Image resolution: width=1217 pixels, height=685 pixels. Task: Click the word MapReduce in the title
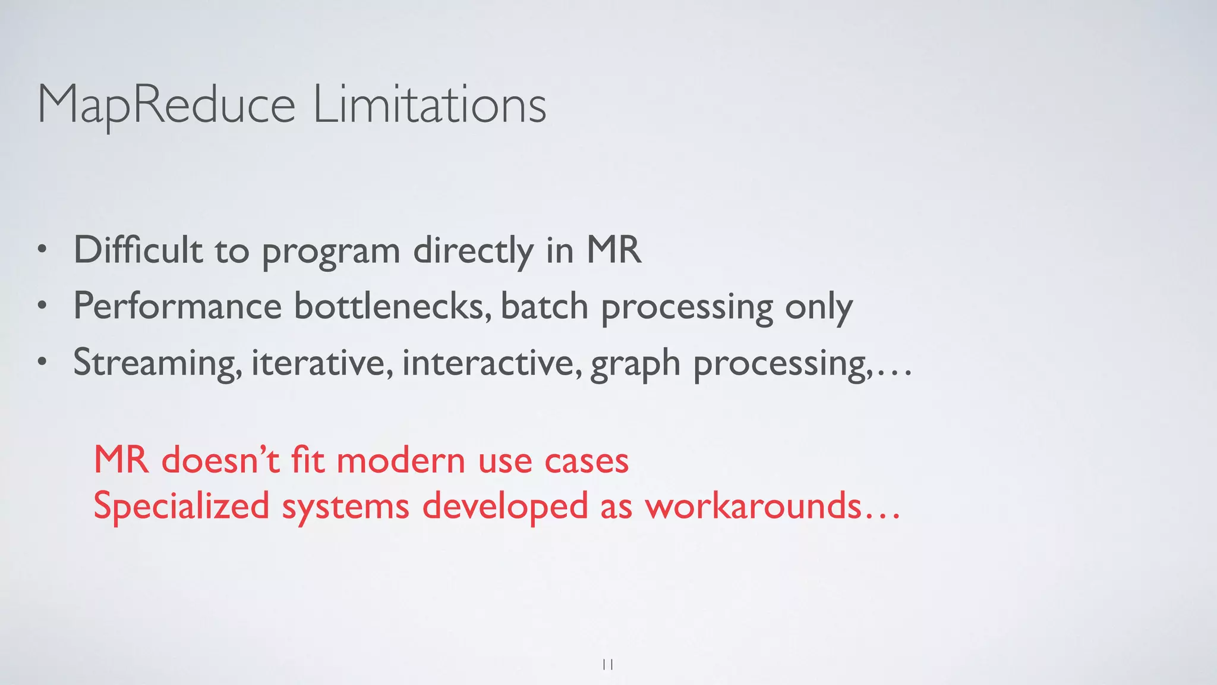166,105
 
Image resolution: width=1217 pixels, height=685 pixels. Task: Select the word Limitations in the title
429,105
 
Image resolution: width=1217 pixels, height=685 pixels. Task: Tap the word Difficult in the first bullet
138,250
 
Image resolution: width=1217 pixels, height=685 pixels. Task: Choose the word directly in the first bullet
473,251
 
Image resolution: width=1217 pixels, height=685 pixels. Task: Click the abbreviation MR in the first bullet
614,250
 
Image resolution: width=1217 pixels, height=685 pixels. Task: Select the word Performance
177,307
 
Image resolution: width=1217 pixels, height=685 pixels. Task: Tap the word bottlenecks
392,307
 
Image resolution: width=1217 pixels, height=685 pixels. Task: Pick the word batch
544,307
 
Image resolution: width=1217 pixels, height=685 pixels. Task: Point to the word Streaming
157,363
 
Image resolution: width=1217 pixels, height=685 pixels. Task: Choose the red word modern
401,461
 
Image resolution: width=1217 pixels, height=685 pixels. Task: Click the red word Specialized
181,507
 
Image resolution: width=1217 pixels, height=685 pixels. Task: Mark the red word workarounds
753,506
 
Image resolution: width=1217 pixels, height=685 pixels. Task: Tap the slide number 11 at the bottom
608,664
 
